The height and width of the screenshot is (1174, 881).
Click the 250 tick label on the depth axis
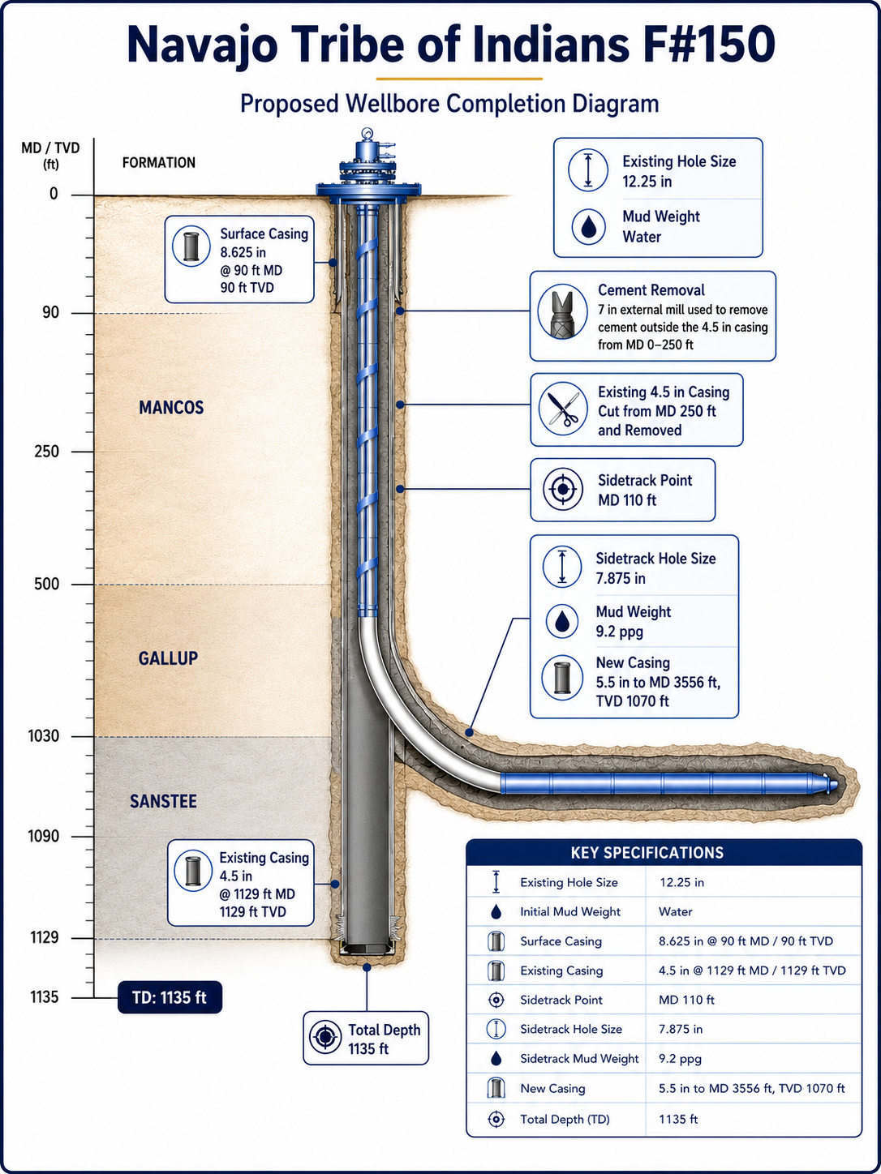point(47,452)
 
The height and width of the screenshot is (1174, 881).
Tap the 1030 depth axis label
point(44,736)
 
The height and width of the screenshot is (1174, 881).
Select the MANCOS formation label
point(171,408)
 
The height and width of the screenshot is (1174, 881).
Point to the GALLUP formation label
point(168,658)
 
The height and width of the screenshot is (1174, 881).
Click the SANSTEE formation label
point(163,801)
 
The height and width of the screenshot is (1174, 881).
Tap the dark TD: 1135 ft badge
point(170,997)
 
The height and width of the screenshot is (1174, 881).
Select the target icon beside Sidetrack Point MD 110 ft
point(562,489)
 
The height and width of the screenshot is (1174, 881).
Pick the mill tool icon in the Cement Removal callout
point(562,311)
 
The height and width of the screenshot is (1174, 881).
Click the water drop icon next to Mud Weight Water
point(588,226)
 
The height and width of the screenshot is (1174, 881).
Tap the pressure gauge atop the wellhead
point(367,133)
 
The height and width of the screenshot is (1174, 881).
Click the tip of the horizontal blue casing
point(837,784)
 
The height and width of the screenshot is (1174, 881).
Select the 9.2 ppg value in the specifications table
point(680,1059)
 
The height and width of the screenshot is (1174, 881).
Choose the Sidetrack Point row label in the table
point(561,1000)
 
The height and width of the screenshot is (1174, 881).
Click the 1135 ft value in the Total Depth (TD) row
point(678,1118)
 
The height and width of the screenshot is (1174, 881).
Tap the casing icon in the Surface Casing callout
point(191,246)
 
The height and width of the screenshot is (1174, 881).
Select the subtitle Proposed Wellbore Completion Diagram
point(449,104)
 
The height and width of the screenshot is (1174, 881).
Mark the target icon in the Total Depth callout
point(325,1037)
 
